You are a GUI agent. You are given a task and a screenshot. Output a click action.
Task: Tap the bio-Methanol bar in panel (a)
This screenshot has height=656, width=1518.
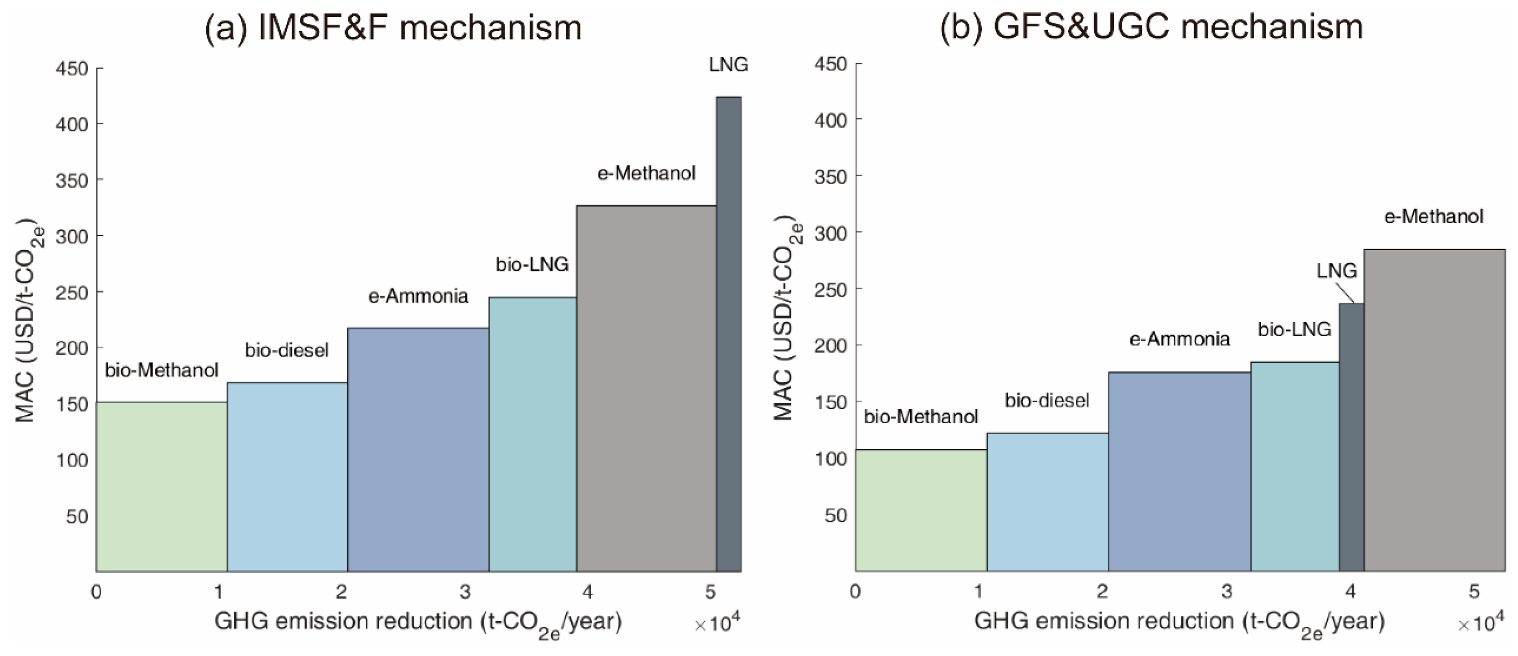point(161,487)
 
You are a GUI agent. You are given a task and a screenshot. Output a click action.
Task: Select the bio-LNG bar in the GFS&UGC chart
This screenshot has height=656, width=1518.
point(1295,466)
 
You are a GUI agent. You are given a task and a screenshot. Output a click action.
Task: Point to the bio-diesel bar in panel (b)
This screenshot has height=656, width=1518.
point(1047,501)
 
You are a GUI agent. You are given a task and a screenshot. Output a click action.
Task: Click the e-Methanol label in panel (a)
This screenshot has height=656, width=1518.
point(646,173)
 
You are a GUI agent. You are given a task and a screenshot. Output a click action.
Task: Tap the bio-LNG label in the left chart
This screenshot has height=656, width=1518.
point(532,264)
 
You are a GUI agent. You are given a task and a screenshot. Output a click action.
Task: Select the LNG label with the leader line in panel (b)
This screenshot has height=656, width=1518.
point(1336,271)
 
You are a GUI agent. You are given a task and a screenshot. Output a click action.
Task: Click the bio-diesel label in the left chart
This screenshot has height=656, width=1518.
point(287,350)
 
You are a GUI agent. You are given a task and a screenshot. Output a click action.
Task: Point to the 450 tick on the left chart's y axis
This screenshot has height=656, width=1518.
point(72,69)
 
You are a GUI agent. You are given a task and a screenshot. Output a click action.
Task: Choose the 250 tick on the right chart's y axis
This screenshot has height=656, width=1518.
point(830,289)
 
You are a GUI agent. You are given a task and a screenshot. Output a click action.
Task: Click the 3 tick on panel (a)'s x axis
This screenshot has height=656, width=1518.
point(465,592)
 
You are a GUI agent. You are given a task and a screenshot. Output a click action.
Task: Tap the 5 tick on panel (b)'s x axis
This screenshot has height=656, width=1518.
point(1474,592)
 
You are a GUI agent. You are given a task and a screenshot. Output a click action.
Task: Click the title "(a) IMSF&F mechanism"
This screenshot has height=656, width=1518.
point(393,27)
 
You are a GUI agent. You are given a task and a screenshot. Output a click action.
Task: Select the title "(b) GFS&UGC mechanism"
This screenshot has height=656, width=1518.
point(1151,26)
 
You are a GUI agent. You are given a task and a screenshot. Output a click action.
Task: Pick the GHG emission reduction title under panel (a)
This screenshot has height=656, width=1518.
point(418,622)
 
